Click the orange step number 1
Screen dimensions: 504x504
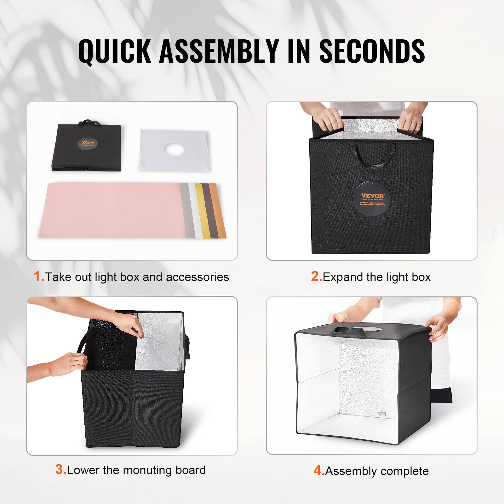(x=38, y=277)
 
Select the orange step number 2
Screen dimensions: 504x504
(x=316, y=277)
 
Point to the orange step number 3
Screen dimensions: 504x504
(x=60, y=469)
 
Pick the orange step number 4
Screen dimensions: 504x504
(x=318, y=471)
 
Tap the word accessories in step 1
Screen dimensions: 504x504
(x=197, y=277)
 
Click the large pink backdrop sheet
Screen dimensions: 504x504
(x=110, y=209)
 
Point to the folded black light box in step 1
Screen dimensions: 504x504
(x=87, y=148)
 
